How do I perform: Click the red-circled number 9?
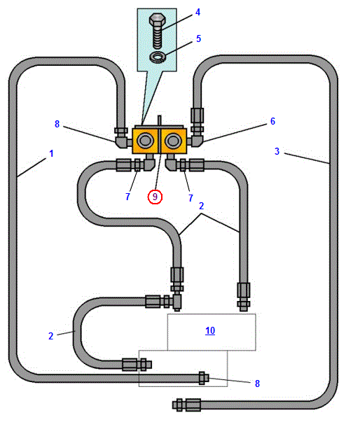click(x=155, y=197)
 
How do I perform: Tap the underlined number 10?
click(x=210, y=331)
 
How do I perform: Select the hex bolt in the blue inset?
click(x=157, y=30)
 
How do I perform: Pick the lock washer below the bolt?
click(x=158, y=57)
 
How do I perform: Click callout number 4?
click(x=198, y=12)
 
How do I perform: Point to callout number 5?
click(x=198, y=38)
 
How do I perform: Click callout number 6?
click(x=272, y=121)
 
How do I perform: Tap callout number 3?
click(x=277, y=151)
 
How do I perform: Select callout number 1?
click(x=51, y=153)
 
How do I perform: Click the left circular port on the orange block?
click(x=145, y=141)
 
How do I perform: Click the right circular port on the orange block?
click(x=173, y=141)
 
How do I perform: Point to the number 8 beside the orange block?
click(x=57, y=124)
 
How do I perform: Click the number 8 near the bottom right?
click(x=257, y=384)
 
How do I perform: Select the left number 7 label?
click(x=127, y=197)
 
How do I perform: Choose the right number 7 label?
click(x=191, y=198)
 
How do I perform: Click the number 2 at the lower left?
click(x=50, y=336)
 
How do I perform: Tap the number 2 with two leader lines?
click(x=201, y=206)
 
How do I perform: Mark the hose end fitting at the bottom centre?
click(x=186, y=405)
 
